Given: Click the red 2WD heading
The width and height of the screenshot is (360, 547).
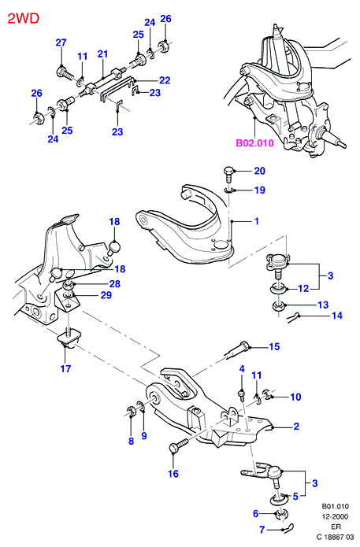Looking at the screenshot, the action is click(24, 18).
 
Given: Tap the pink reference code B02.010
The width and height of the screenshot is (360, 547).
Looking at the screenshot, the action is click(255, 143).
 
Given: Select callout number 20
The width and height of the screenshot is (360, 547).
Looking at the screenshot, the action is click(259, 171).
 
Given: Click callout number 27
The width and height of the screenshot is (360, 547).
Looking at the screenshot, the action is click(61, 43).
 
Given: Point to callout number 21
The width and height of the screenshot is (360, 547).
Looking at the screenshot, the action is click(102, 54).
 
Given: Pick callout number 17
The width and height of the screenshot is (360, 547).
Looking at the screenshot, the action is click(65, 368).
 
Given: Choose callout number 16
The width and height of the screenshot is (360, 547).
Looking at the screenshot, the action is click(173, 473).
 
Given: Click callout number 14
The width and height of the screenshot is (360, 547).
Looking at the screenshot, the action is click(337, 316).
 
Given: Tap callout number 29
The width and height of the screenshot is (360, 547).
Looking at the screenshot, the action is click(106, 295).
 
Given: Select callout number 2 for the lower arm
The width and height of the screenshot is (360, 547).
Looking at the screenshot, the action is click(296, 426).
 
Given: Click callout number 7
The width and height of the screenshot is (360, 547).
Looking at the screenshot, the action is click(262, 529).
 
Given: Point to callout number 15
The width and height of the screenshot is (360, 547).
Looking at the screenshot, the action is click(274, 346).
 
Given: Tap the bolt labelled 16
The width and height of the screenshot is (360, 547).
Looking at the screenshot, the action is click(178, 445).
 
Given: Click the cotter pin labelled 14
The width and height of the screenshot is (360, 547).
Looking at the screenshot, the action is click(293, 316).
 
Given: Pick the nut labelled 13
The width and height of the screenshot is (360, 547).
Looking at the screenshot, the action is click(279, 307).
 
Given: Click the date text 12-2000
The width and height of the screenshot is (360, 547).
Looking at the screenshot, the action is click(336, 516).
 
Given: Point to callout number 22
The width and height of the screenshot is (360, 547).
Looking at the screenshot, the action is click(165, 80).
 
